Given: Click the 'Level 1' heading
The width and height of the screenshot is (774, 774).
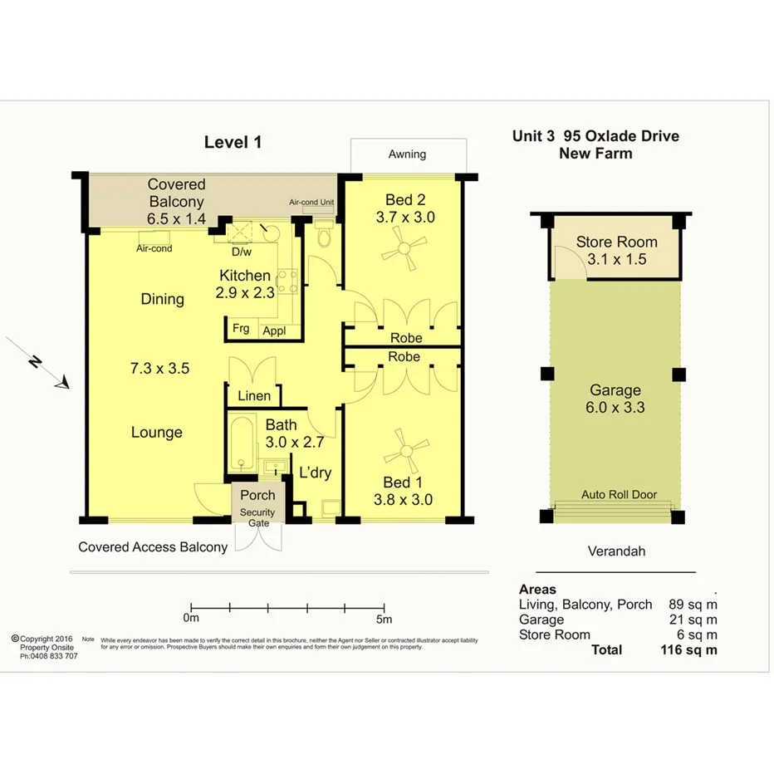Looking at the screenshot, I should (x=233, y=142).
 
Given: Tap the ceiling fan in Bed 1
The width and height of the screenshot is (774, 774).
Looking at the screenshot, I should (x=405, y=452).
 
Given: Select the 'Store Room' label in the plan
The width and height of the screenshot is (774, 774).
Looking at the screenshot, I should (x=616, y=242).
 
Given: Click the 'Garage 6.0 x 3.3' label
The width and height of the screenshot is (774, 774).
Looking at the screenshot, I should (x=615, y=399).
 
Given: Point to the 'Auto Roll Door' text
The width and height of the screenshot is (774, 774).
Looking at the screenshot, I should (x=619, y=495).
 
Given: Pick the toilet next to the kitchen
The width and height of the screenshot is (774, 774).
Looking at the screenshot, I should (x=325, y=238).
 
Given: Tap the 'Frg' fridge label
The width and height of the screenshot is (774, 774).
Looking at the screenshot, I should (x=241, y=329).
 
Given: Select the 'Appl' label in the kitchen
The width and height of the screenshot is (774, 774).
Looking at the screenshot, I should (x=274, y=331).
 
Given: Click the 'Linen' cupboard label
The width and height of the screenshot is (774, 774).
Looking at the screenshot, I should (x=254, y=396).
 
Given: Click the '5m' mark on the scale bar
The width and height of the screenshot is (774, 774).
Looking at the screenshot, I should (x=384, y=619).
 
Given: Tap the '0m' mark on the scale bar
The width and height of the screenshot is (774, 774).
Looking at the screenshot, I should (x=191, y=619).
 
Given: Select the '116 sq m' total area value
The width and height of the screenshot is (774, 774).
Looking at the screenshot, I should (x=686, y=650).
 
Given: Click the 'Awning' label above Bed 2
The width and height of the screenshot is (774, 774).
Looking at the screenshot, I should (x=407, y=154).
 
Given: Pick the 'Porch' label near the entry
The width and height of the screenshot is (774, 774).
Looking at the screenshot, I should (x=257, y=495).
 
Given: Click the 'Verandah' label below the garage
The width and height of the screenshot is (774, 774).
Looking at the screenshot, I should (x=615, y=551).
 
